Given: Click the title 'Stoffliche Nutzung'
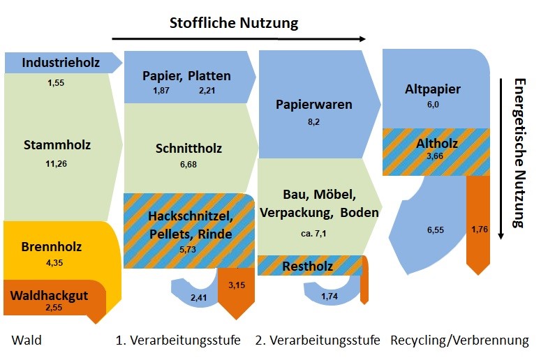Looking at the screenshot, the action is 234,23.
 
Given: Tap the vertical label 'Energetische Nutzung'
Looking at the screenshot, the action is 520,153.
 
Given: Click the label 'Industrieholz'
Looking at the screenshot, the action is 61,63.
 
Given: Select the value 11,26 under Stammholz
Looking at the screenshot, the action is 56,163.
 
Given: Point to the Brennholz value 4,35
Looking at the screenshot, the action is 54,262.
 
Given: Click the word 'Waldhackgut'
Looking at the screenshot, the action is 50,296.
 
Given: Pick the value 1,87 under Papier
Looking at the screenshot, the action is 161,91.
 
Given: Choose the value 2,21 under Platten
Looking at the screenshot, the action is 207,91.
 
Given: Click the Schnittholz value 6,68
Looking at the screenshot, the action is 188,164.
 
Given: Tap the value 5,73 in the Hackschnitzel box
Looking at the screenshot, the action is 188,249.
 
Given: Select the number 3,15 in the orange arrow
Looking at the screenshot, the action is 237,285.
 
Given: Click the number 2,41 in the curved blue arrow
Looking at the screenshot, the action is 198,297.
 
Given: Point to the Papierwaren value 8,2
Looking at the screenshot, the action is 313,122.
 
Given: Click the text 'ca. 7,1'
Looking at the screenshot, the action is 313,233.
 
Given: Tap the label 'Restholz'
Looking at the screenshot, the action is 308,267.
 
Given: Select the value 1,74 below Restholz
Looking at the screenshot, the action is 329,296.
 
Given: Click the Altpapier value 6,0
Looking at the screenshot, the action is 433,105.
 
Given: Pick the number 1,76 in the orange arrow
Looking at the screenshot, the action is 480,229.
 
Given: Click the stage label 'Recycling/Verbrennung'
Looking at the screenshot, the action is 459,340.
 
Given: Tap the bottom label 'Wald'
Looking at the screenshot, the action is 27,340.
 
